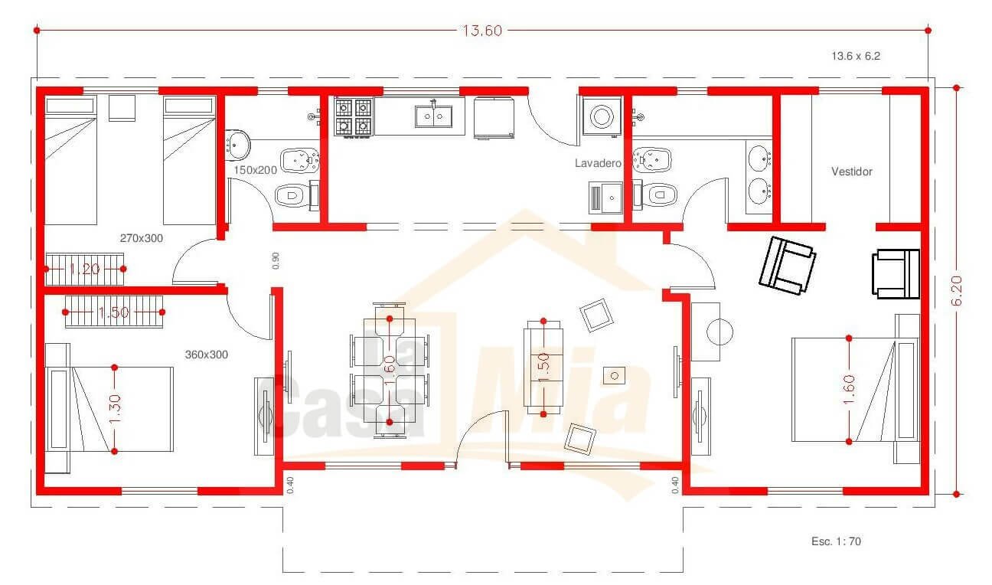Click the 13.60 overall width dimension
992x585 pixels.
coord(482,31)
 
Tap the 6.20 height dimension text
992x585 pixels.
coord(957,291)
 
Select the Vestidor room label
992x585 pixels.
coord(852,172)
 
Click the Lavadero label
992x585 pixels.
coord(598,163)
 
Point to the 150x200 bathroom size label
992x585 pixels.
coord(255,170)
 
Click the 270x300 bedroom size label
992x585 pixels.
coord(142,238)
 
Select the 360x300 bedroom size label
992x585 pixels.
coord(207,355)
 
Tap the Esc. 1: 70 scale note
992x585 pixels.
coord(836,541)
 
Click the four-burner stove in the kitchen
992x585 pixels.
coord(354,117)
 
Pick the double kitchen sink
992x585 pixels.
coord(433,116)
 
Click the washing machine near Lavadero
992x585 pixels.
coord(602,116)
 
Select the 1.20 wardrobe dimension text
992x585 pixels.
coord(85,269)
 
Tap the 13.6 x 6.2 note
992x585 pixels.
coord(856,56)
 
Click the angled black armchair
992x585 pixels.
coord(788,266)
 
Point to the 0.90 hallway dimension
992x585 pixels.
coord(276,260)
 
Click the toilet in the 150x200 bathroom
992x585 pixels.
coord(295,195)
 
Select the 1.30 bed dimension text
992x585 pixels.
coord(114,409)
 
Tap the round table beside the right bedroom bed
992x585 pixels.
coord(720,332)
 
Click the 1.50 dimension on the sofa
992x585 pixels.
coord(543,368)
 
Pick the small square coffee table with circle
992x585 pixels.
coord(614,376)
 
